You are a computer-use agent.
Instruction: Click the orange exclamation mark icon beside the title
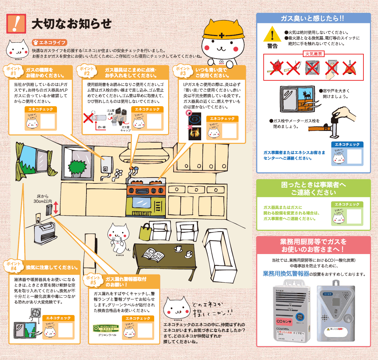16,23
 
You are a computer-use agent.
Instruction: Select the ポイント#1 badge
13,71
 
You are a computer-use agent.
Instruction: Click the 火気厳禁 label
313,54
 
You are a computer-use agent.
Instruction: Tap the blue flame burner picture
195,119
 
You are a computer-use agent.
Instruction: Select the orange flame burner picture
195,134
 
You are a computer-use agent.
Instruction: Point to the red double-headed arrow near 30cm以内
56,207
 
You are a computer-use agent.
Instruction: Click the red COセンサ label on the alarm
284,321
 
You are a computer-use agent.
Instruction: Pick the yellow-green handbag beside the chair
145,232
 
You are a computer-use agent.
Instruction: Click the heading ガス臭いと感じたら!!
313,18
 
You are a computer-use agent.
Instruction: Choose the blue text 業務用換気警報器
286,274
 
